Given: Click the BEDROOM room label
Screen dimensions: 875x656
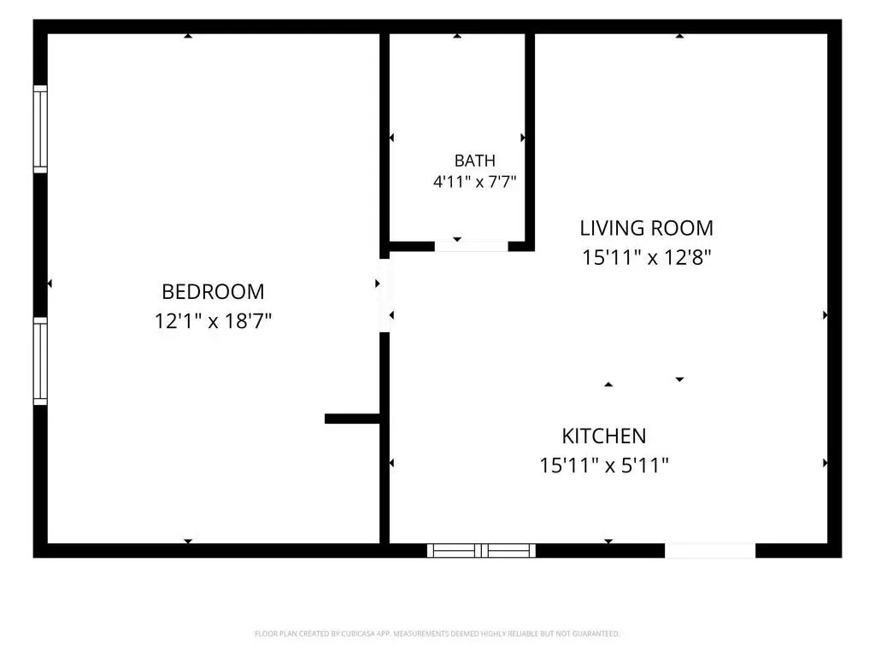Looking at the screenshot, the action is (213, 292).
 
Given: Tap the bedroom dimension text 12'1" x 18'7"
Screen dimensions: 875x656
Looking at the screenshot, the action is (213, 321).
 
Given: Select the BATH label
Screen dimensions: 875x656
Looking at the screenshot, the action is (475, 161).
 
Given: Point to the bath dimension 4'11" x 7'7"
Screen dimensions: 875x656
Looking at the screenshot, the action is (475, 181).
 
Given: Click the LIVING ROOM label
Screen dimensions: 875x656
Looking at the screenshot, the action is (646, 228).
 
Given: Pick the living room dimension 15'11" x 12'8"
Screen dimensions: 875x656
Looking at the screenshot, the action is (646, 258).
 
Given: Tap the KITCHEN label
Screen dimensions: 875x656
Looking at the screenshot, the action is (604, 436).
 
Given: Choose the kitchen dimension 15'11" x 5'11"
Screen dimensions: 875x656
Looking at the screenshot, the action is (604, 466).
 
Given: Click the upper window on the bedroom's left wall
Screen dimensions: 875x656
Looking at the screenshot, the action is (40, 129).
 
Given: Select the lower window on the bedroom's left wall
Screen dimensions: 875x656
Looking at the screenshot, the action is (40, 361).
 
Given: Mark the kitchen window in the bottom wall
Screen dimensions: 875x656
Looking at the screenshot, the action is (482, 551).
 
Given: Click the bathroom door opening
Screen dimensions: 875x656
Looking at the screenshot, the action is (472, 247).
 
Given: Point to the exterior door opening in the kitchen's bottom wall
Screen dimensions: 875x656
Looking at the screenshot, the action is (710, 551).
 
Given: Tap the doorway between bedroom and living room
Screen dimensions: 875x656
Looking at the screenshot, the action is (385, 296).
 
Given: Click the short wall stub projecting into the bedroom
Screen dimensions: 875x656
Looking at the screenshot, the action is (352, 419).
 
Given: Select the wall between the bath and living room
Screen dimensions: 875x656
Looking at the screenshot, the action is (530, 143).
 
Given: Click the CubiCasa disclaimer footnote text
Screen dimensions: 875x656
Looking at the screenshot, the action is (437, 634).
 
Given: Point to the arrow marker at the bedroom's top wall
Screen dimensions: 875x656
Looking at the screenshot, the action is (188, 36).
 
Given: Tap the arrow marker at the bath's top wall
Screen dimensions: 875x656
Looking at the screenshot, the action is (457, 36).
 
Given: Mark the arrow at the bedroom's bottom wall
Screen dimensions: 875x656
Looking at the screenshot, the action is (188, 541).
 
